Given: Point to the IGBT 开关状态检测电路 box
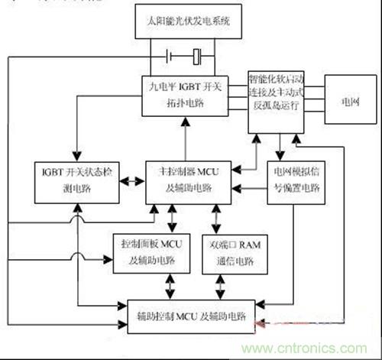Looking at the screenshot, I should (x=76, y=180).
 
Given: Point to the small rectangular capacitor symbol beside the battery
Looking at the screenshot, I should (x=197, y=56).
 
